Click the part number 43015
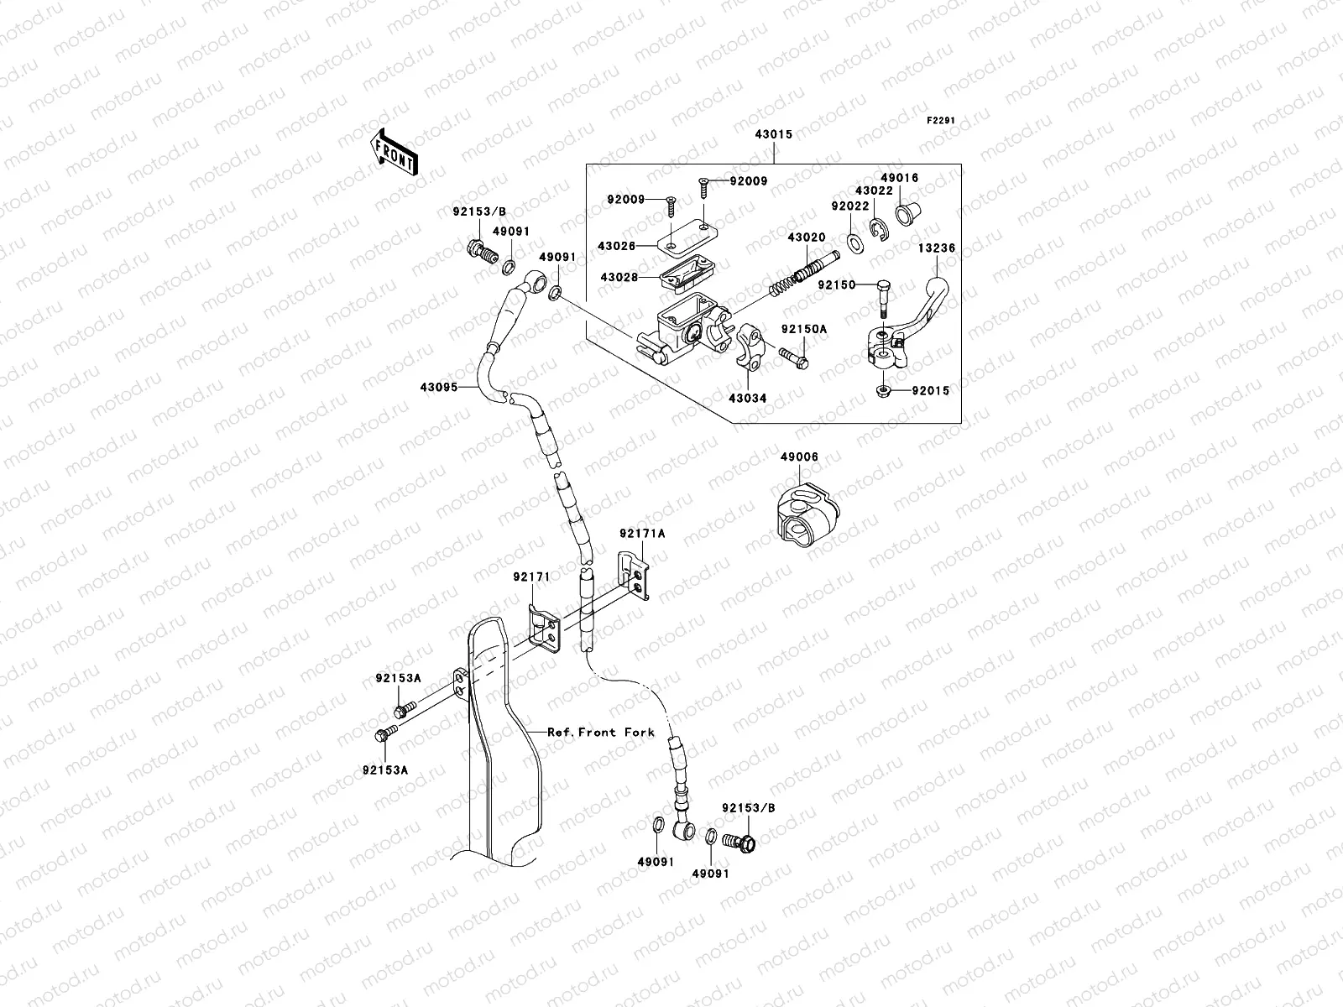coord(773,133)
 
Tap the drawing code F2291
coord(941,121)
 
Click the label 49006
coord(798,457)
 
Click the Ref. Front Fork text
coord(600,732)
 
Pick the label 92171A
coord(642,533)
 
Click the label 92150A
coord(804,329)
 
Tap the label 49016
coord(899,178)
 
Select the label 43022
coord(874,190)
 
